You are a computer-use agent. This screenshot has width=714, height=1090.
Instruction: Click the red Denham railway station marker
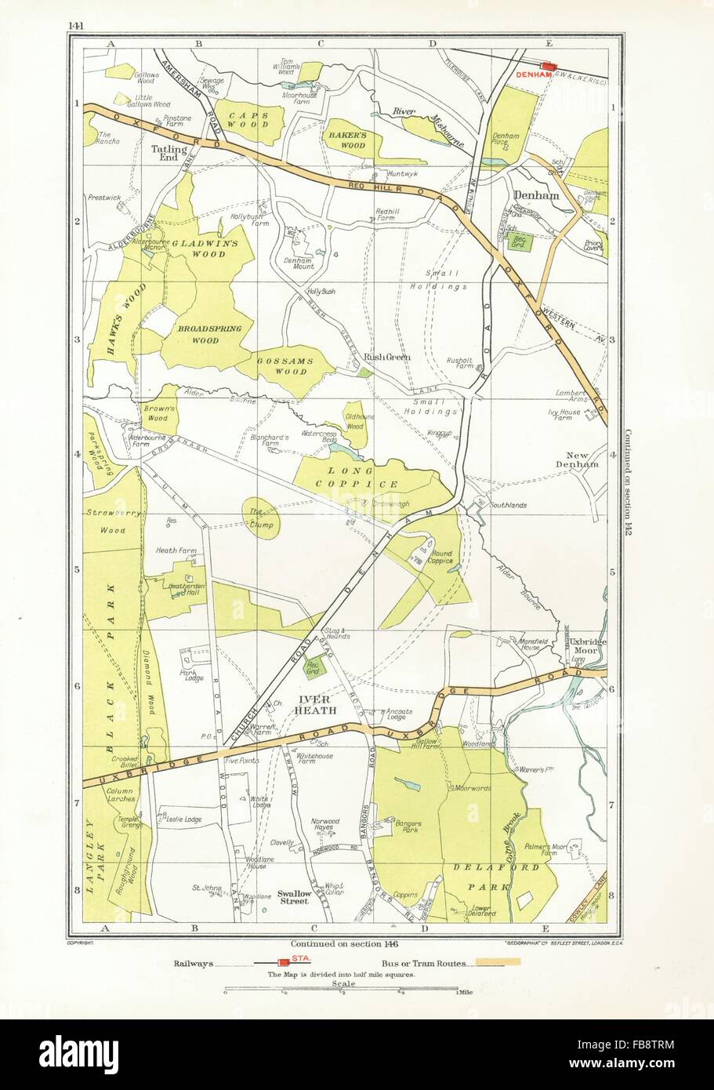[x=549, y=67]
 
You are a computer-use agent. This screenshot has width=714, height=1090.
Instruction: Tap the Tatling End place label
[x=169, y=153]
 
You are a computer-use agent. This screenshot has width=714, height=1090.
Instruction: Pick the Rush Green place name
[x=387, y=358]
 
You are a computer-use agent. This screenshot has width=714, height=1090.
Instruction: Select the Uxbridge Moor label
[x=582, y=645]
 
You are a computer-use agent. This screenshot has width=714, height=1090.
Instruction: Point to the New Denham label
[x=582, y=459]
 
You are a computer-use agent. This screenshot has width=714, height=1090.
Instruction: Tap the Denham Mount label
[x=298, y=262]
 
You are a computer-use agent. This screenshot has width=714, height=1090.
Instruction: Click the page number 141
[x=76, y=25]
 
